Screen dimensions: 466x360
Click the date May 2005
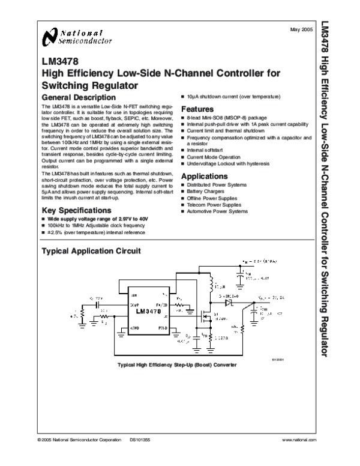[301, 29]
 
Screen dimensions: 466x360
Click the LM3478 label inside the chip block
[148, 312]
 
